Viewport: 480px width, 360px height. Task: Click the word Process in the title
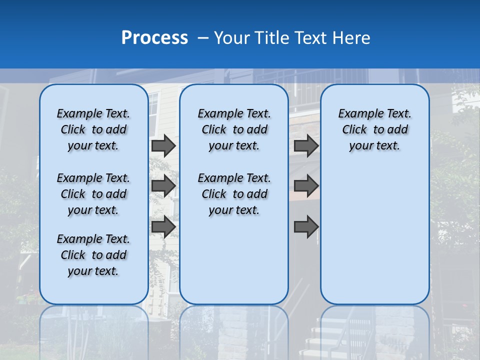(154, 37)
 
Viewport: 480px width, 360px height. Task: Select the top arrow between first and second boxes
(163, 145)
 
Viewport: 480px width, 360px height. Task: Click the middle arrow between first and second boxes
(163, 186)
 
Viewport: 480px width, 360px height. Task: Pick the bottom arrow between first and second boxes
(163, 226)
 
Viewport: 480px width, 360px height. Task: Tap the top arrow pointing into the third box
(306, 145)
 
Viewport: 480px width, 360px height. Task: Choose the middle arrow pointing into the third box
(306, 186)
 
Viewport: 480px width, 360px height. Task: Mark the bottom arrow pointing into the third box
(306, 226)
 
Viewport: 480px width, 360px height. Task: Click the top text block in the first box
(93, 129)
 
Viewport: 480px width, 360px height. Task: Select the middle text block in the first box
(93, 194)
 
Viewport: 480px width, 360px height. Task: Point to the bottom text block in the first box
(93, 255)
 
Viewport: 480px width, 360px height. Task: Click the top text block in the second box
(234, 129)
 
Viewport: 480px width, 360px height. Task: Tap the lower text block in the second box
(234, 194)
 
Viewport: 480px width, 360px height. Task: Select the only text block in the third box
(375, 129)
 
